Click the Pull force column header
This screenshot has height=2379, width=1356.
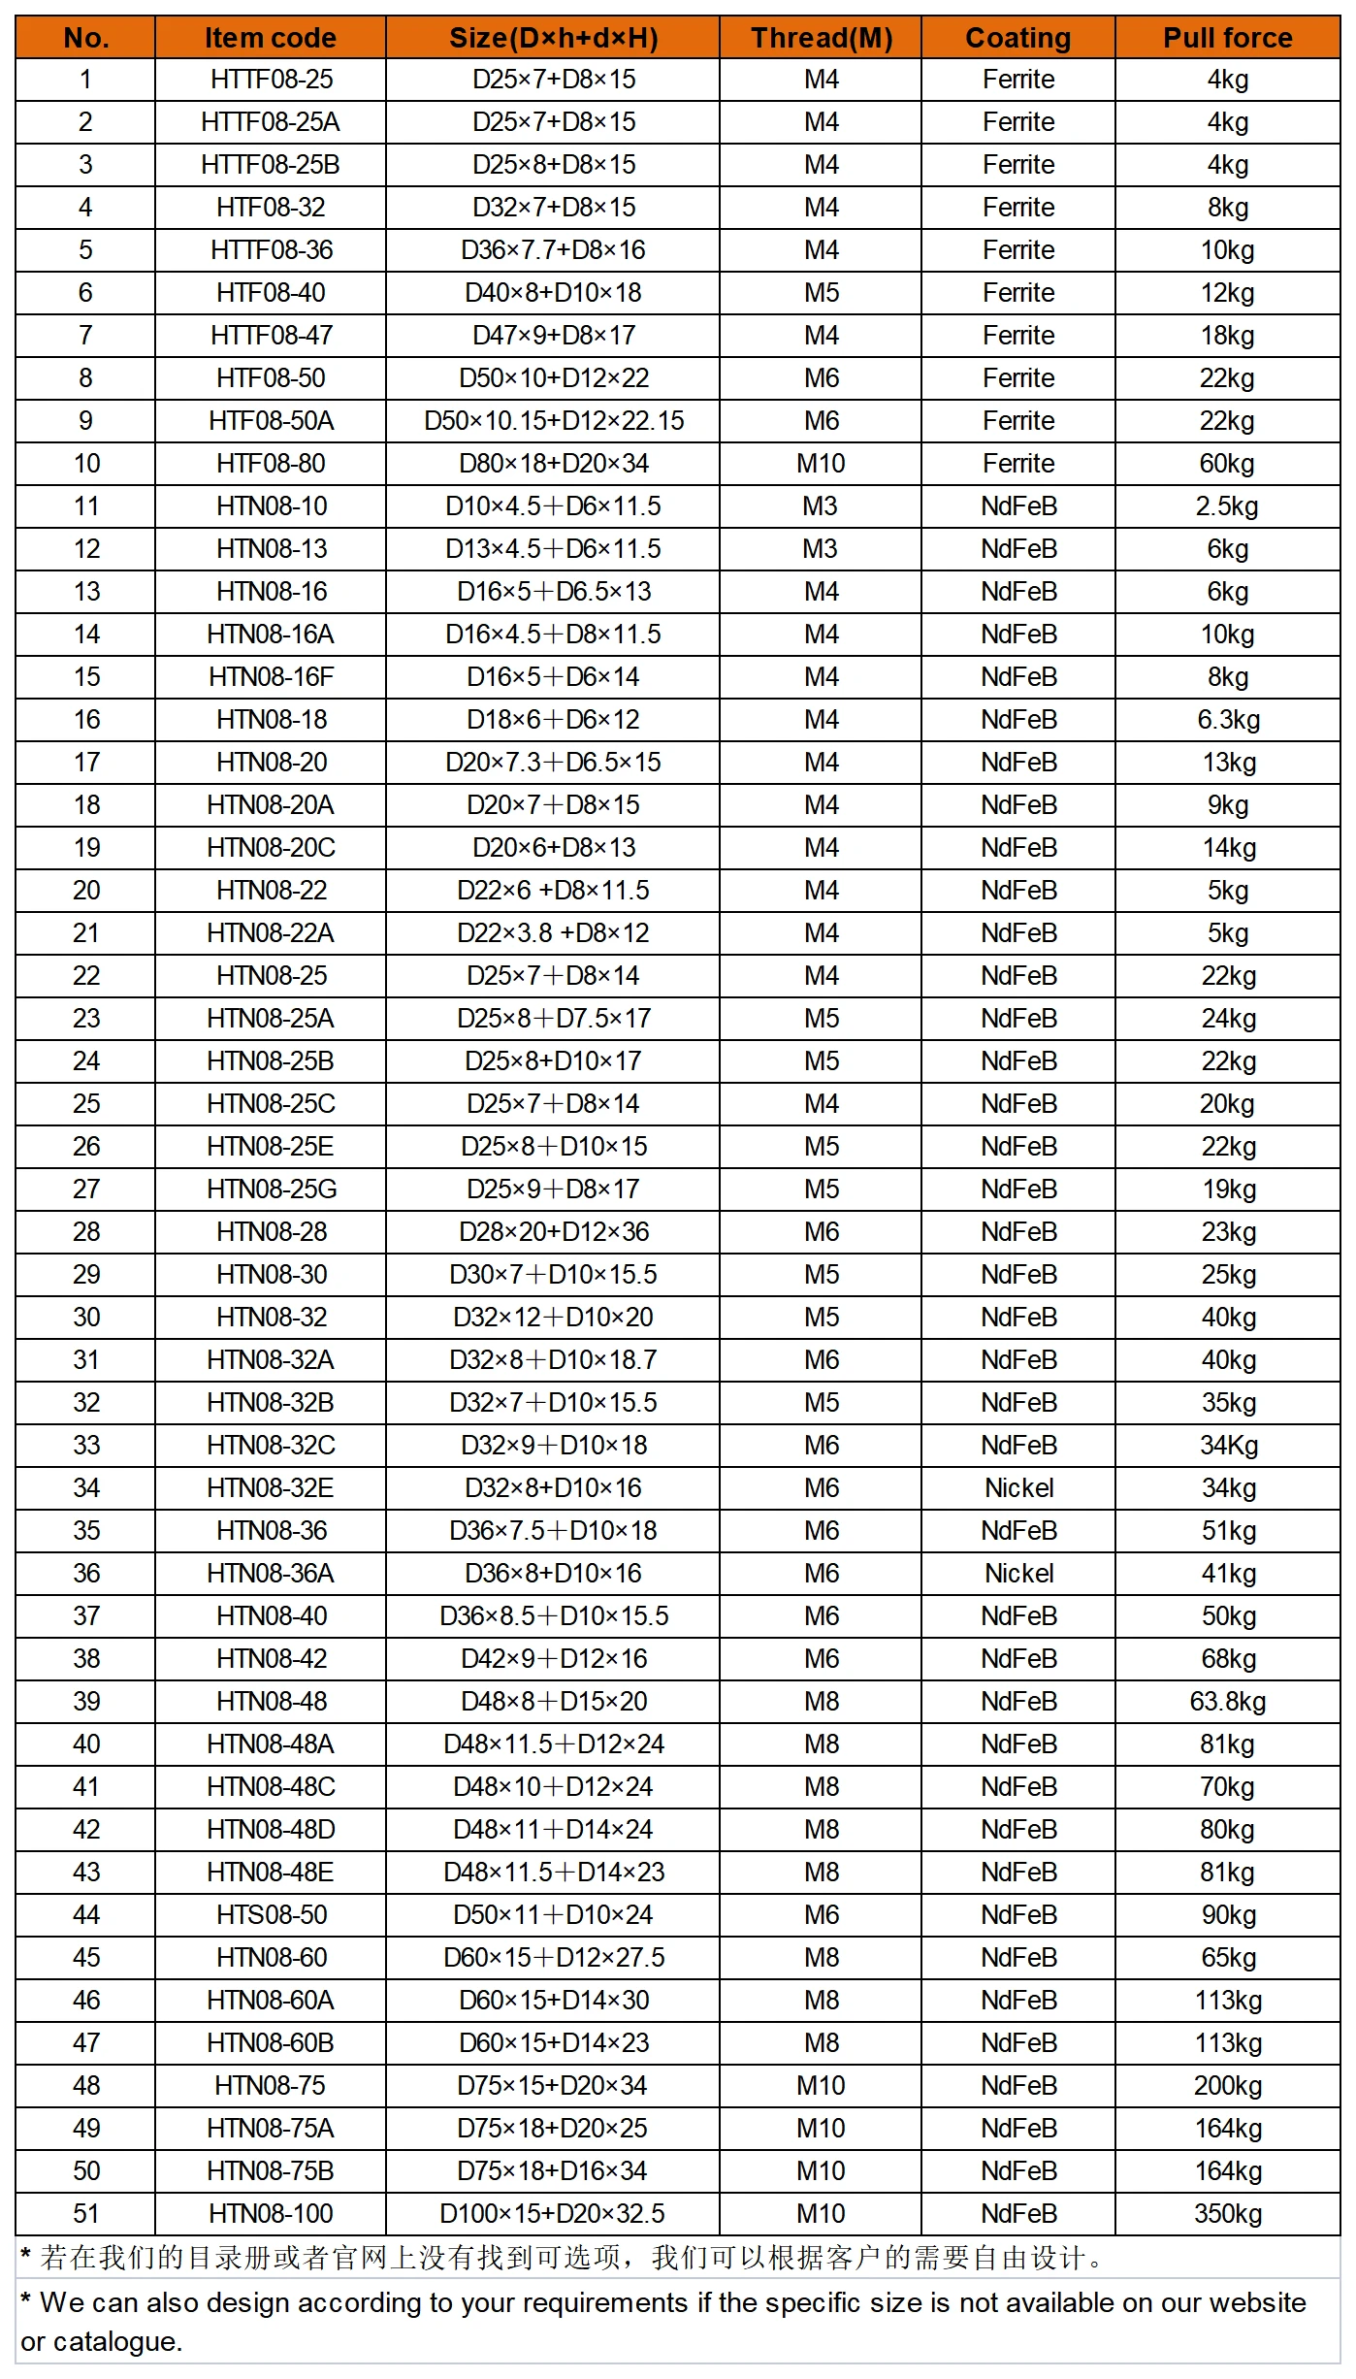(x=1227, y=38)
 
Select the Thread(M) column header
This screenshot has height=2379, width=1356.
(x=821, y=38)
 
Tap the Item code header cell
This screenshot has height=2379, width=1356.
(x=270, y=38)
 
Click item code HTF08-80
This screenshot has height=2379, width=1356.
(x=271, y=464)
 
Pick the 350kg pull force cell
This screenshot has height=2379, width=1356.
(x=1227, y=2214)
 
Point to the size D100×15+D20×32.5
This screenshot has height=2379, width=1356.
(x=552, y=2214)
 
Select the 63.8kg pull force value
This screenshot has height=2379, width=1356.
(x=1227, y=1702)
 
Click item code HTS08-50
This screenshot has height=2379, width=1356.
(x=271, y=1915)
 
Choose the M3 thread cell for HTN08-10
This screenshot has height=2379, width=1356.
(x=821, y=506)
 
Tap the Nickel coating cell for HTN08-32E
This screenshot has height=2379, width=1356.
(x=1018, y=1488)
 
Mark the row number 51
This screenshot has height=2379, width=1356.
(x=85, y=2214)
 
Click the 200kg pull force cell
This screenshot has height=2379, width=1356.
(x=1227, y=2086)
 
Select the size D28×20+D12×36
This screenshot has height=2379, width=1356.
(x=553, y=1232)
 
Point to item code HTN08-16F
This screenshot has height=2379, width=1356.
(x=271, y=677)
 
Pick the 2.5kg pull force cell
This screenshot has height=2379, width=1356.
(x=1227, y=506)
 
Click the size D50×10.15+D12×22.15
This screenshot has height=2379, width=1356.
(x=553, y=421)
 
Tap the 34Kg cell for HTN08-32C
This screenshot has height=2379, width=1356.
(x=1228, y=1446)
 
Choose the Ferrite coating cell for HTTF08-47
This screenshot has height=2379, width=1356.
(x=1018, y=336)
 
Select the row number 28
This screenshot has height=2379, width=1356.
(x=85, y=1232)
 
